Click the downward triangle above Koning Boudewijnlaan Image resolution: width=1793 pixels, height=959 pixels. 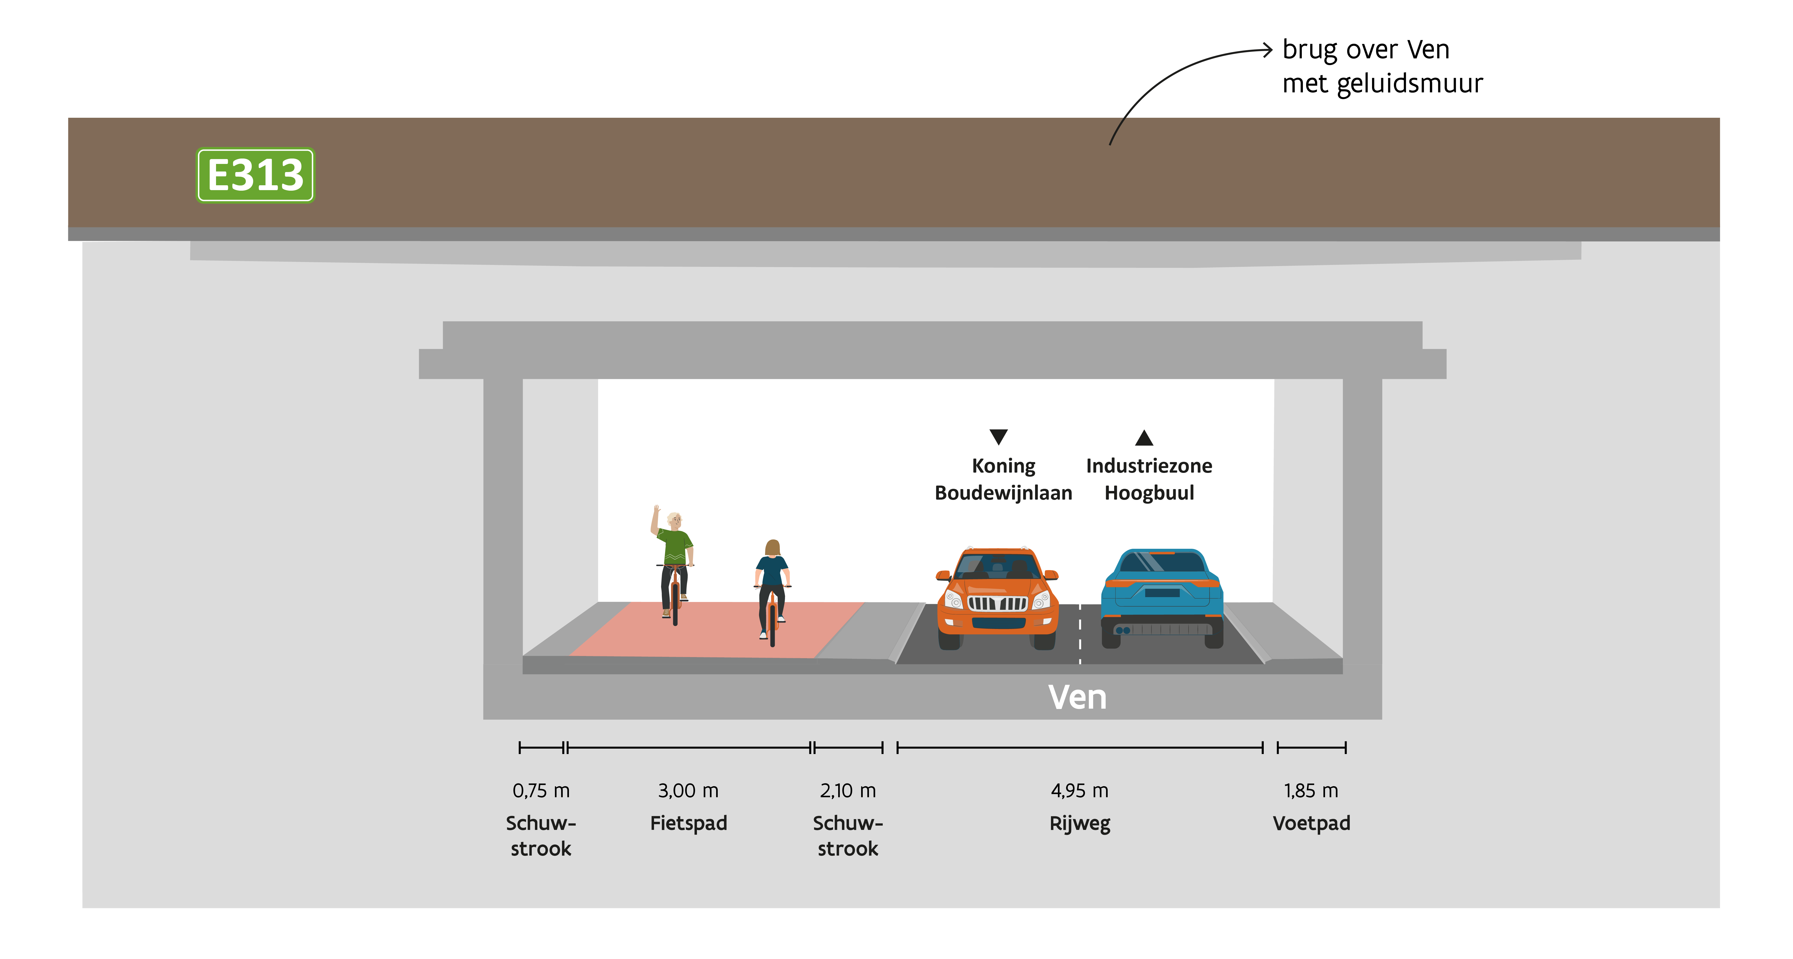[x=998, y=436]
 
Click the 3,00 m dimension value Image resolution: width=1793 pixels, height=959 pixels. [x=688, y=790]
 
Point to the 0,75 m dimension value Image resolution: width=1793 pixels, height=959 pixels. [x=541, y=790]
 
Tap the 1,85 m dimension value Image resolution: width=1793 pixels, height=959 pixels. [x=1311, y=790]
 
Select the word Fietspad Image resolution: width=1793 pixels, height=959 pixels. [x=688, y=823]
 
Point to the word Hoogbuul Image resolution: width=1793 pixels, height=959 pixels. [x=1149, y=493]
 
